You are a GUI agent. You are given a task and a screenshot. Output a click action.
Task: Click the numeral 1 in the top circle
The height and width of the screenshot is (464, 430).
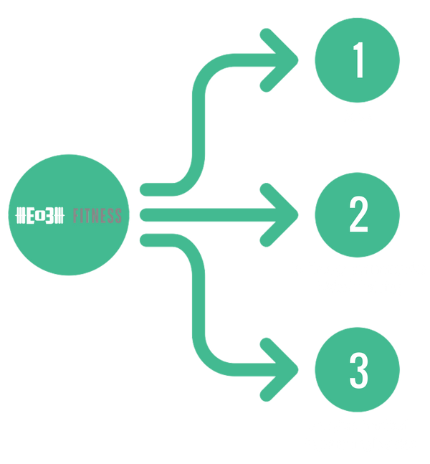(358, 63)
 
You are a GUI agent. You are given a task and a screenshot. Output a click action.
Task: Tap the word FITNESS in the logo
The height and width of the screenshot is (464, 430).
(97, 215)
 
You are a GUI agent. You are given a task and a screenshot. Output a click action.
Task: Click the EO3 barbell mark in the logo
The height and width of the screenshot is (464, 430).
(40, 215)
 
